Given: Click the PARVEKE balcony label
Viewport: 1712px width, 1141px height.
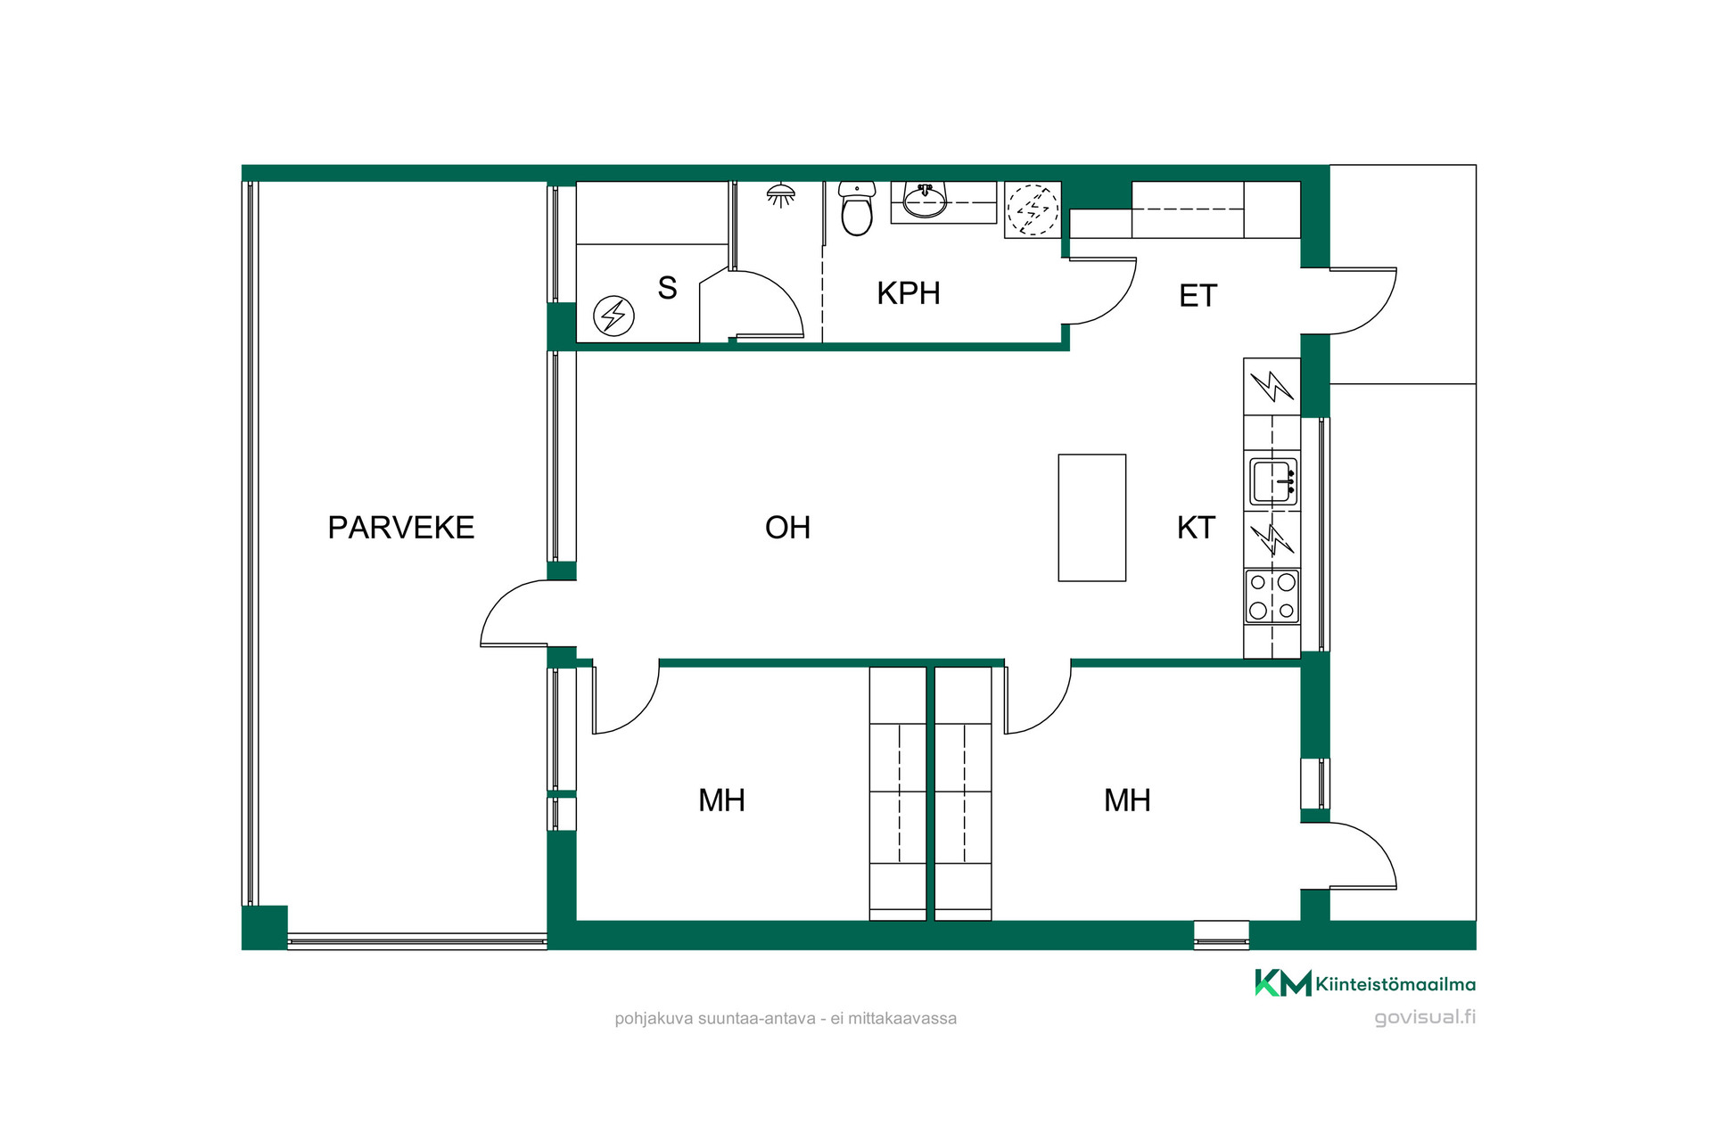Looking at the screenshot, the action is point(400,528).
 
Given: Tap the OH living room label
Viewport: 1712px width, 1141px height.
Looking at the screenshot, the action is point(787,528).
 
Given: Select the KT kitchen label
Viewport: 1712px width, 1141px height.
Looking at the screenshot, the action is point(1196,528).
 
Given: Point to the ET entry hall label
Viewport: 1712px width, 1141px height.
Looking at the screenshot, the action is point(1198,296).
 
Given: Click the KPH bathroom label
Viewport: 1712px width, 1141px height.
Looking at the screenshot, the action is point(908,293).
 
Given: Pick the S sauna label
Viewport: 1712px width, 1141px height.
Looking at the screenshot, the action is point(667,288).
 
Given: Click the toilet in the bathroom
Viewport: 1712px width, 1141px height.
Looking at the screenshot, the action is point(857,209).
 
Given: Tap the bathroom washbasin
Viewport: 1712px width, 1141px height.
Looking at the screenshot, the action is point(925,200).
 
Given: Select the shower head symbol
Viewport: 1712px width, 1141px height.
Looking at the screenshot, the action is point(781,195).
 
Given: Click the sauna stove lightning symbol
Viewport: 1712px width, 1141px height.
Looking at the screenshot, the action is point(613,316).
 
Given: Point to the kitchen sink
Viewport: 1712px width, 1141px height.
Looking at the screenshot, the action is point(1272,482).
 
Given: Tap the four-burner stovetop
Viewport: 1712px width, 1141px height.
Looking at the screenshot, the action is point(1272,596).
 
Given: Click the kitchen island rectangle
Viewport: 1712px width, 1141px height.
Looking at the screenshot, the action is point(1092,518).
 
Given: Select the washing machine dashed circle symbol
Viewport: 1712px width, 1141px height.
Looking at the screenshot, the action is point(1033,209).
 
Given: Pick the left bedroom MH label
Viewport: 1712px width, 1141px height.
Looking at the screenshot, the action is point(721,800).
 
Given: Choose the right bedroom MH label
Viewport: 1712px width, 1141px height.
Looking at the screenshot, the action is point(1127,800).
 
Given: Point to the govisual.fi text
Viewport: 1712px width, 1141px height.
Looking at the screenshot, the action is point(1425,1017).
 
